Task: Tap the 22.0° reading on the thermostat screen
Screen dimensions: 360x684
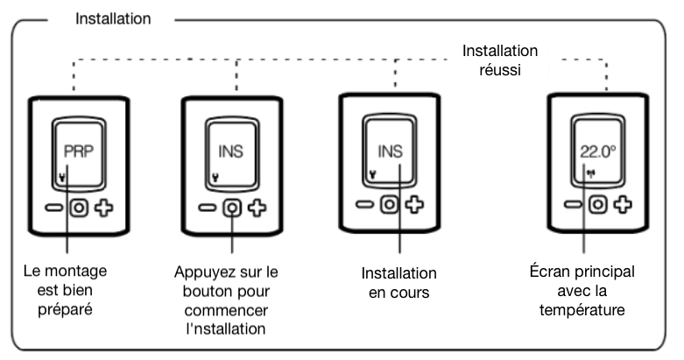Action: [598, 150]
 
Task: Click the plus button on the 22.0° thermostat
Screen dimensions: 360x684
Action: [624, 205]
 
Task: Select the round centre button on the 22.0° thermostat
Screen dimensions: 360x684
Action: [598, 205]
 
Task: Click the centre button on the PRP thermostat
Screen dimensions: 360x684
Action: [77, 210]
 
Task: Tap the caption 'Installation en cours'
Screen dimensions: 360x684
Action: [399, 282]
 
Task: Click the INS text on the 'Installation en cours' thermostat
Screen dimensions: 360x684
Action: [391, 150]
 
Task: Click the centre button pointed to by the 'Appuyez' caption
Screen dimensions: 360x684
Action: [232, 209]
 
